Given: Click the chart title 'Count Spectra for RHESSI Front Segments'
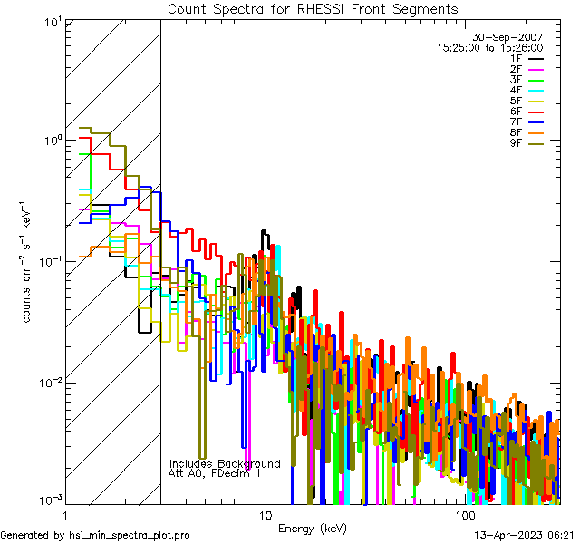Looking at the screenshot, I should [x=313, y=9].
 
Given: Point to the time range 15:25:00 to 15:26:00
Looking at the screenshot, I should [x=489, y=47].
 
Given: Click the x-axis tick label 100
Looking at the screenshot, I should [x=465, y=514].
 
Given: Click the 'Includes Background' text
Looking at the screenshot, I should [x=225, y=463].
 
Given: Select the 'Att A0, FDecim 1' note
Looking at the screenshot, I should [x=215, y=473].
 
